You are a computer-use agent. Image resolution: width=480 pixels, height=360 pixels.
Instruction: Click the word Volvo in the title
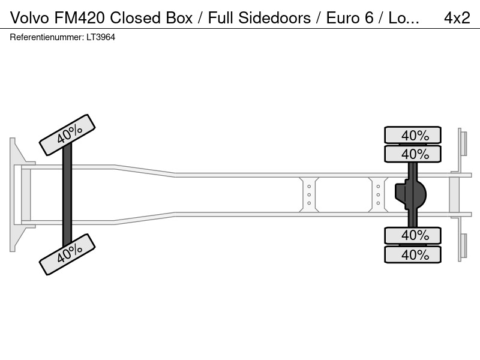pos(29,17)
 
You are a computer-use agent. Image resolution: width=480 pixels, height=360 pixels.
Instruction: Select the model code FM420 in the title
pos(80,17)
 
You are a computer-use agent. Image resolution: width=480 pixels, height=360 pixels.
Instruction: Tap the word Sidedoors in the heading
pos(275,17)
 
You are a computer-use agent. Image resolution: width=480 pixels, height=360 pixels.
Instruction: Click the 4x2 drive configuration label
pos(457,17)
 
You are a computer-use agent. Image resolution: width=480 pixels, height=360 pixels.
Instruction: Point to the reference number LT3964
pos(101,37)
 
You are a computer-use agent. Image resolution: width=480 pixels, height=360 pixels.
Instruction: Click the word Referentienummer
pos(47,37)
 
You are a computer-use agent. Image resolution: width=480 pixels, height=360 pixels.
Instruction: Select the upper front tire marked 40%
pos(67,135)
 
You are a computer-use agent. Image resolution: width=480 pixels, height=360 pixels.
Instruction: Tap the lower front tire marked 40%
pos(67,254)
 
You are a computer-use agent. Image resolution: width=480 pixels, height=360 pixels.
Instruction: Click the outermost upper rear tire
pos(413,134)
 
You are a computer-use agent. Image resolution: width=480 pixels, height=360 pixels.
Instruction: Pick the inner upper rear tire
pos(413,154)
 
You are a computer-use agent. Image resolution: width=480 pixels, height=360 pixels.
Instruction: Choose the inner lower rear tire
pos(413,235)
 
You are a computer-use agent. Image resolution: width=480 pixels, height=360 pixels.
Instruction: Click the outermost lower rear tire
pos(413,254)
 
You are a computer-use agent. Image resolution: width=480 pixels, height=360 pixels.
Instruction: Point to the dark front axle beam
pos(67,194)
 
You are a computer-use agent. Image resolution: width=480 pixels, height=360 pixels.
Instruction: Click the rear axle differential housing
pos(410,194)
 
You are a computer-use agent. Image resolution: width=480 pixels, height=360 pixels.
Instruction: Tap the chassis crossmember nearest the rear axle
pos(379,194)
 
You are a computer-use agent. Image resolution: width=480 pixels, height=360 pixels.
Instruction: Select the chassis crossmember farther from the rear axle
pos(309,194)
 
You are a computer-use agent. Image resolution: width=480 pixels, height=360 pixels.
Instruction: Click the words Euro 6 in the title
pos(350,17)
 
